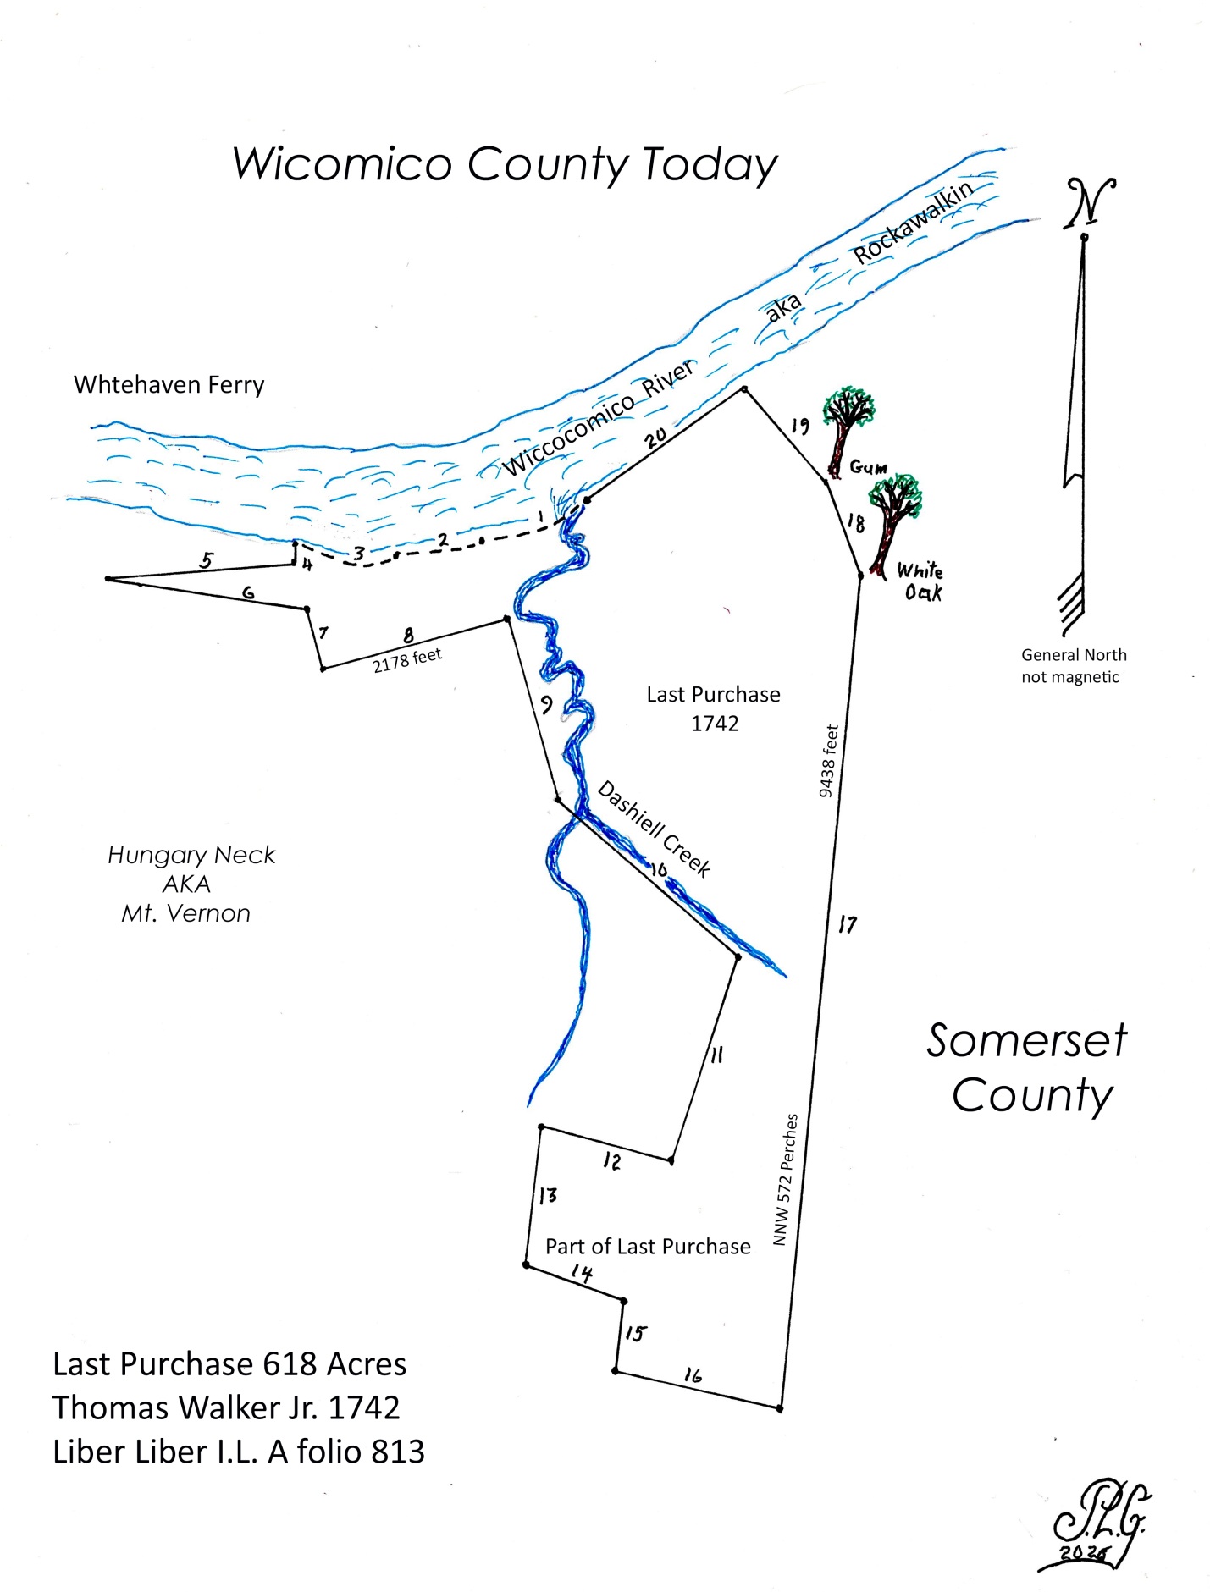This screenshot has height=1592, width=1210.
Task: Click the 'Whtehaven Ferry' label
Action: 169,385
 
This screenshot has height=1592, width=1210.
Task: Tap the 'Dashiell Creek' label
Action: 654,829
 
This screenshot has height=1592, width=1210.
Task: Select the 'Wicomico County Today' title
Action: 505,165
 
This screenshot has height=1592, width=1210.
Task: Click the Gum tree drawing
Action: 847,432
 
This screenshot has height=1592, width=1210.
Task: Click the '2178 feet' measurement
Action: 407,660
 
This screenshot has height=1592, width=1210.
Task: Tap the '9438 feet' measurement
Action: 828,761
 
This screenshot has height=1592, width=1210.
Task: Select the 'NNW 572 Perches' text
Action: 785,1179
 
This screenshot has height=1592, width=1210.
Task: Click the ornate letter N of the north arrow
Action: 1090,203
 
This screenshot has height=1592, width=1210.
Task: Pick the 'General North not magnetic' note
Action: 1073,665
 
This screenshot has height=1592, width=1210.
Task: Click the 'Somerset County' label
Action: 1027,1067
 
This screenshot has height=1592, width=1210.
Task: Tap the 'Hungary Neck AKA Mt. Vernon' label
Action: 191,884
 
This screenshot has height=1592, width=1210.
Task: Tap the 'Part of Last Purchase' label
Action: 648,1246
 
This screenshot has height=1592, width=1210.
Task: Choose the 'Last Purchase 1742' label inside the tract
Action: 714,708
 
